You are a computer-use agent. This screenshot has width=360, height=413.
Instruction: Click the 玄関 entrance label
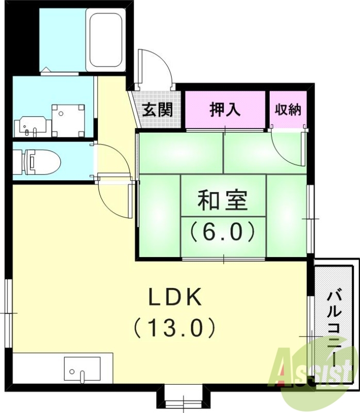(x=157, y=110)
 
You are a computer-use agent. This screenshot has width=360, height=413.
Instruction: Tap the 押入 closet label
(x=225, y=109)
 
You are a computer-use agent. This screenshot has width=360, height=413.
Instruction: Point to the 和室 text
(x=223, y=201)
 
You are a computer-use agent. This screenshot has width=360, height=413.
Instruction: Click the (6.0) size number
(x=223, y=232)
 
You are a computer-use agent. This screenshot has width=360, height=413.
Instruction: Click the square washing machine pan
(x=68, y=120)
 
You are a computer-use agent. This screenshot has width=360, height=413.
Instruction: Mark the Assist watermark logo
(x=315, y=368)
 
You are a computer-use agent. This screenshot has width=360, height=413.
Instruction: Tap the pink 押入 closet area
(x=225, y=109)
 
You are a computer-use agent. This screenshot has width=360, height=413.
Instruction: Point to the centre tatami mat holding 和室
(x=223, y=196)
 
